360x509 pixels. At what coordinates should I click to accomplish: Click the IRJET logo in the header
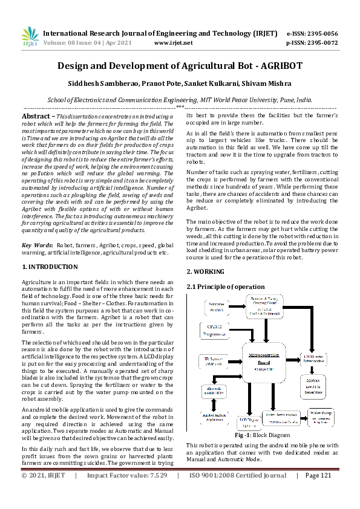pos(30,37)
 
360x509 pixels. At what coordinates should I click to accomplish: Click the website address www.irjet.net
pos(174,43)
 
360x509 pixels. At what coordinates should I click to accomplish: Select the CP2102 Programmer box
pos(212,329)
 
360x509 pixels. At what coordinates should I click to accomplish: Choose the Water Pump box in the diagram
pos(321,417)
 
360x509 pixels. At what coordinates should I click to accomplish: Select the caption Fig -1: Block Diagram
pos(263,435)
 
